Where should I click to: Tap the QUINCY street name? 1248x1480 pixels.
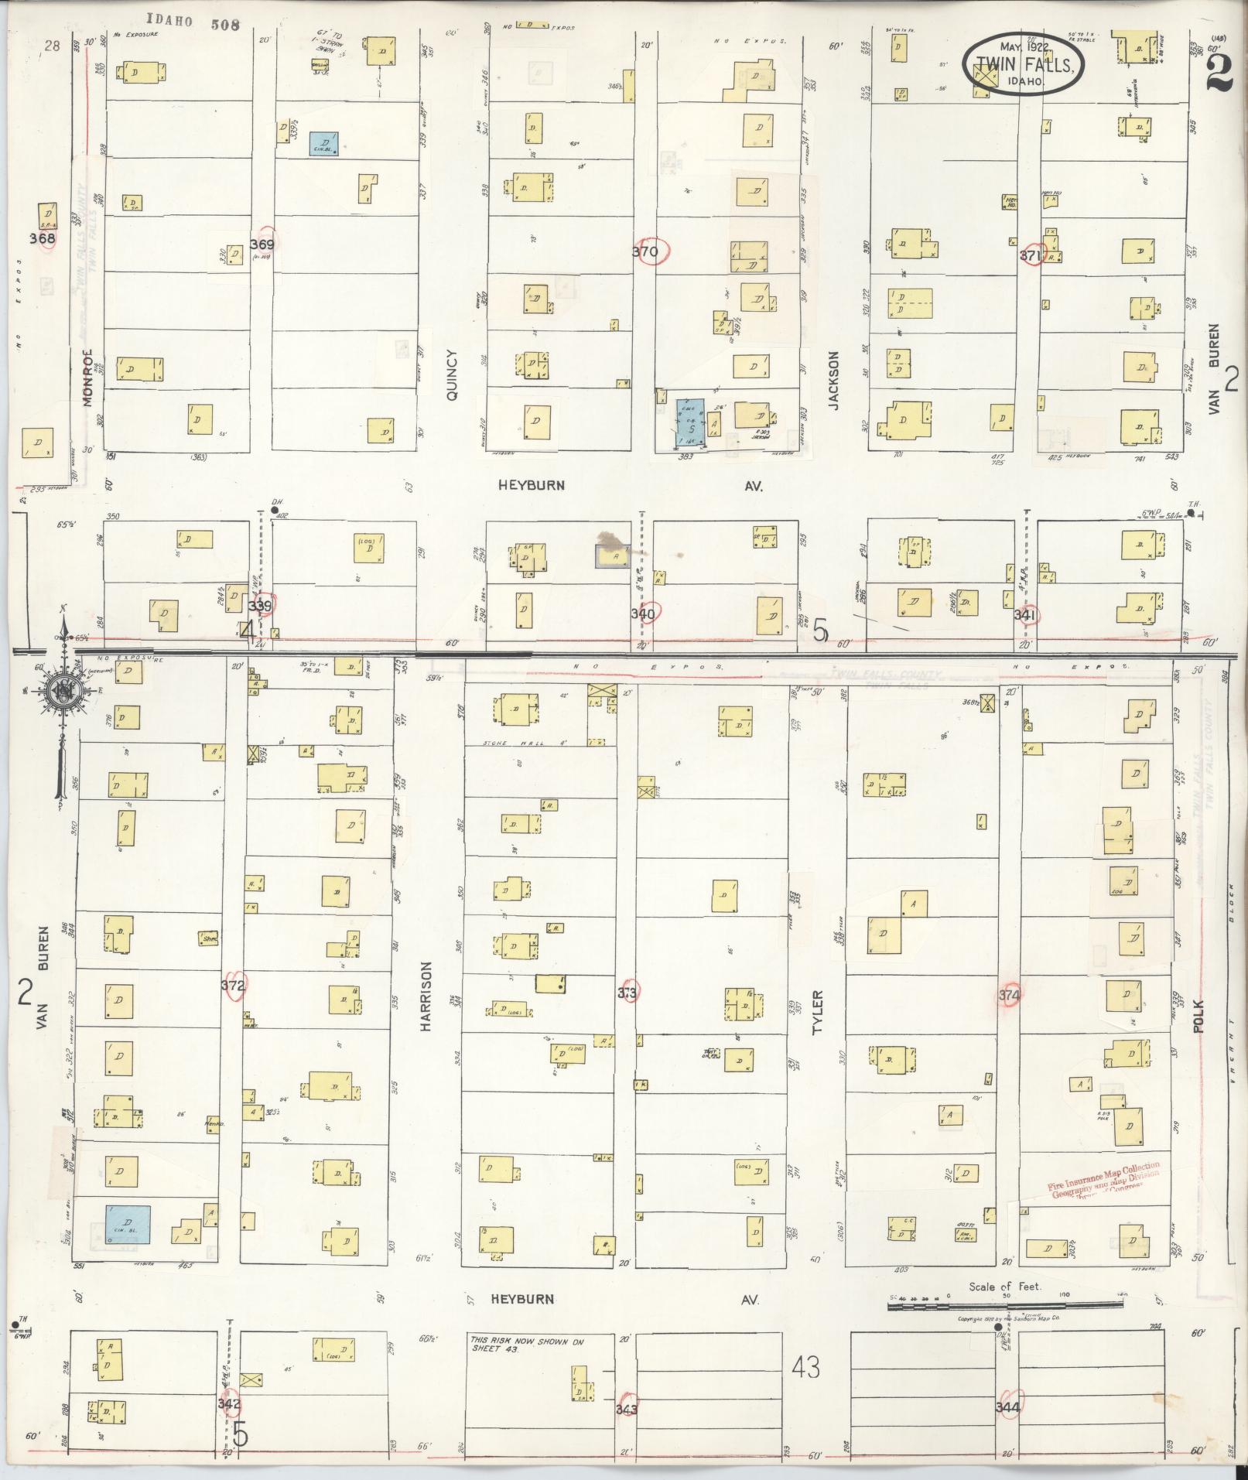pyautogui.click(x=453, y=375)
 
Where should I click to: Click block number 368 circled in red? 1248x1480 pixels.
pyautogui.click(x=43, y=238)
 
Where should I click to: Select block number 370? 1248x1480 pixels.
pyautogui.click(x=645, y=251)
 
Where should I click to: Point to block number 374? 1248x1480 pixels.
pyautogui.click(x=1009, y=995)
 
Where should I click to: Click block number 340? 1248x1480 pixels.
pyautogui.click(x=643, y=614)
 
